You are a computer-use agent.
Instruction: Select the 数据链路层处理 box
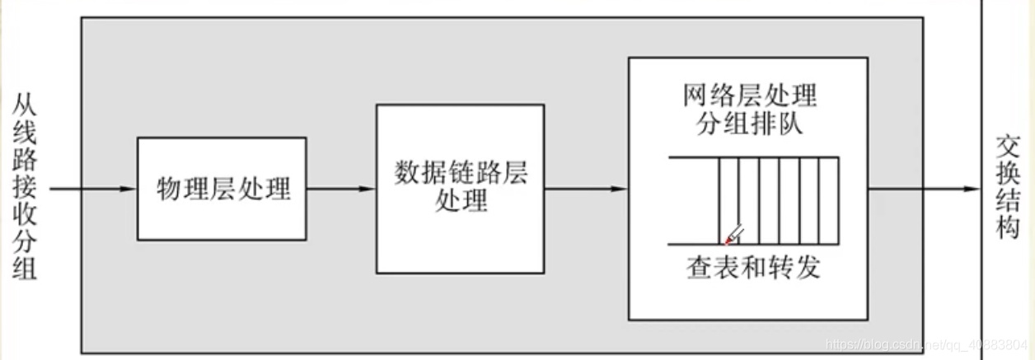point(460,189)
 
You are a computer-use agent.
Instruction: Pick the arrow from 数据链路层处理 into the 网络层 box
point(585,189)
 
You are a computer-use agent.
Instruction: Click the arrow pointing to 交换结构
point(923,189)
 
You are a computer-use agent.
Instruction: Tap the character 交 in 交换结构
point(1007,147)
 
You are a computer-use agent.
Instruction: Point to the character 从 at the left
point(25,106)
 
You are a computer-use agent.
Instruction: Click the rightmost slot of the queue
point(828,200)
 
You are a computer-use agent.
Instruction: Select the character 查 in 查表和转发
point(699,269)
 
